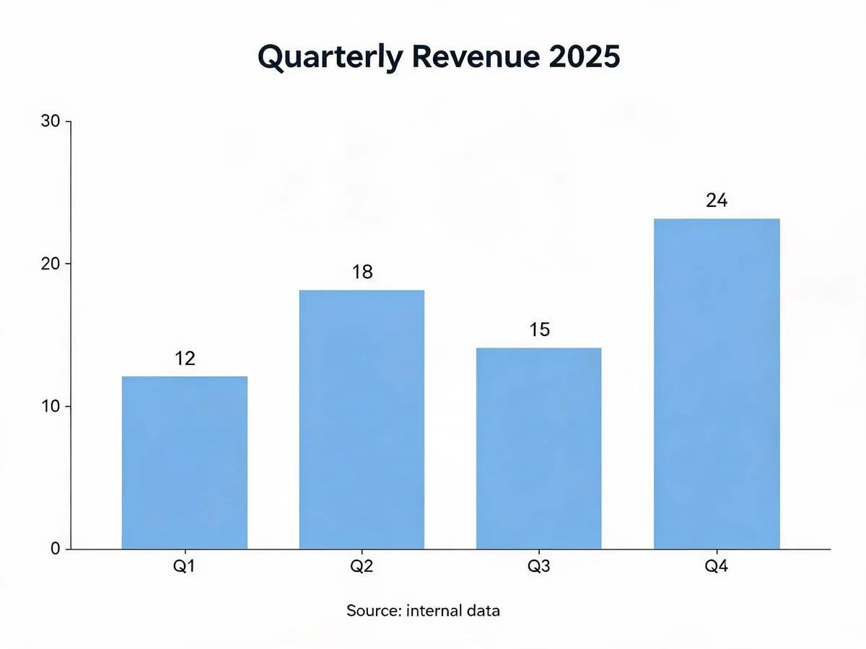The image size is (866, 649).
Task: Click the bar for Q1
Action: (x=185, y=462)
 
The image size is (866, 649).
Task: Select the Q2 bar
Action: (x=362, y=419)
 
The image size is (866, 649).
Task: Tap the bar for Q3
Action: (x=539, y=448)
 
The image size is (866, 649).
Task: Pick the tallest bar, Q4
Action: (x=717, y=384)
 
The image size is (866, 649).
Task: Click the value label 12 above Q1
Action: (x=185, y=358)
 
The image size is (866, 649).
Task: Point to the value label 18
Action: (x=362, y=272)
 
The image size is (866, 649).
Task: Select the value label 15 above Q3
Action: (x=539, y=330)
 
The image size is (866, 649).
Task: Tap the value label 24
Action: (x=717, y=200)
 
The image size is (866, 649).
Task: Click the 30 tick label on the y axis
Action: (x=51, y=121)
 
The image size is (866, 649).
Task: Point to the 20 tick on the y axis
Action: (x=51, y=264)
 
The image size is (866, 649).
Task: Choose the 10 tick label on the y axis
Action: (x=51, y=406)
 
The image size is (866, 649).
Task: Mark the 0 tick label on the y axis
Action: (x=56, y=549)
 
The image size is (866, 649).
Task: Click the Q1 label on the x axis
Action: (x=184, y=566)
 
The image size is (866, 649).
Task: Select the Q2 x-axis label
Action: (x=362, y=566)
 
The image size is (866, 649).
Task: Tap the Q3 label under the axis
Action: (x=539, y=566)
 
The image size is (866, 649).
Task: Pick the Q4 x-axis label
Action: (x=717, y=566)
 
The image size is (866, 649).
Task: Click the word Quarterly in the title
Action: (x=331, y=58)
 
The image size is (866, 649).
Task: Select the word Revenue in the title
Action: (x=476, y=56)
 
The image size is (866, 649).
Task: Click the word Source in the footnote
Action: (x=374, y=610)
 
